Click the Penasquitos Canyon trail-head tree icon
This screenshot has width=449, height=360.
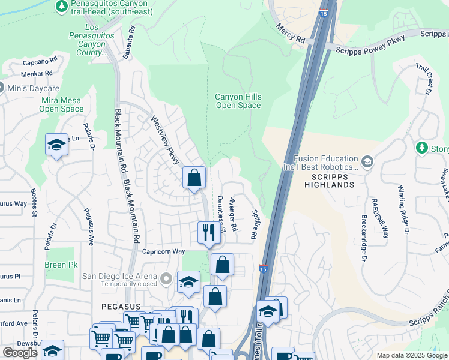[61, 6]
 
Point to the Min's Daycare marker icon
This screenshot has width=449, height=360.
[1, 87]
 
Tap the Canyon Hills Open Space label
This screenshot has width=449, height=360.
[238, 101]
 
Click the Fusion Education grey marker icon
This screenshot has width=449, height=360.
[367, 161]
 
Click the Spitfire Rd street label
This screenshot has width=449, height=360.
[255, 223]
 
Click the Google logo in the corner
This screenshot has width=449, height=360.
[20, 353]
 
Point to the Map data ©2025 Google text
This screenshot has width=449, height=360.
[411, 355]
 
